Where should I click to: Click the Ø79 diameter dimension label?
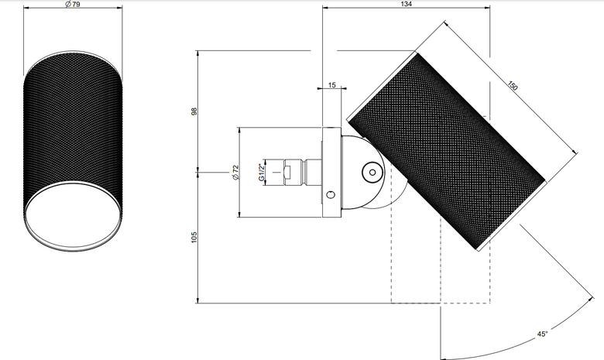tap(73, 4)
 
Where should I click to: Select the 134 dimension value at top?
tap(406, 4)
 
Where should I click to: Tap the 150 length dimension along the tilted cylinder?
tap(512, 85)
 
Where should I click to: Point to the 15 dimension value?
tap(332, 85)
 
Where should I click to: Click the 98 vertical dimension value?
tap(194, 111)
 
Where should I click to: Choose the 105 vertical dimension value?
tap(194, 237)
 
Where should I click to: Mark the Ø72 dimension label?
tap(235, 172)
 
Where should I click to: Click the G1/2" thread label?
tap(262, 172)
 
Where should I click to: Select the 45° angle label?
tap(542, 334)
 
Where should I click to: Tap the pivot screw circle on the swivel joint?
tap(372, 173)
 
